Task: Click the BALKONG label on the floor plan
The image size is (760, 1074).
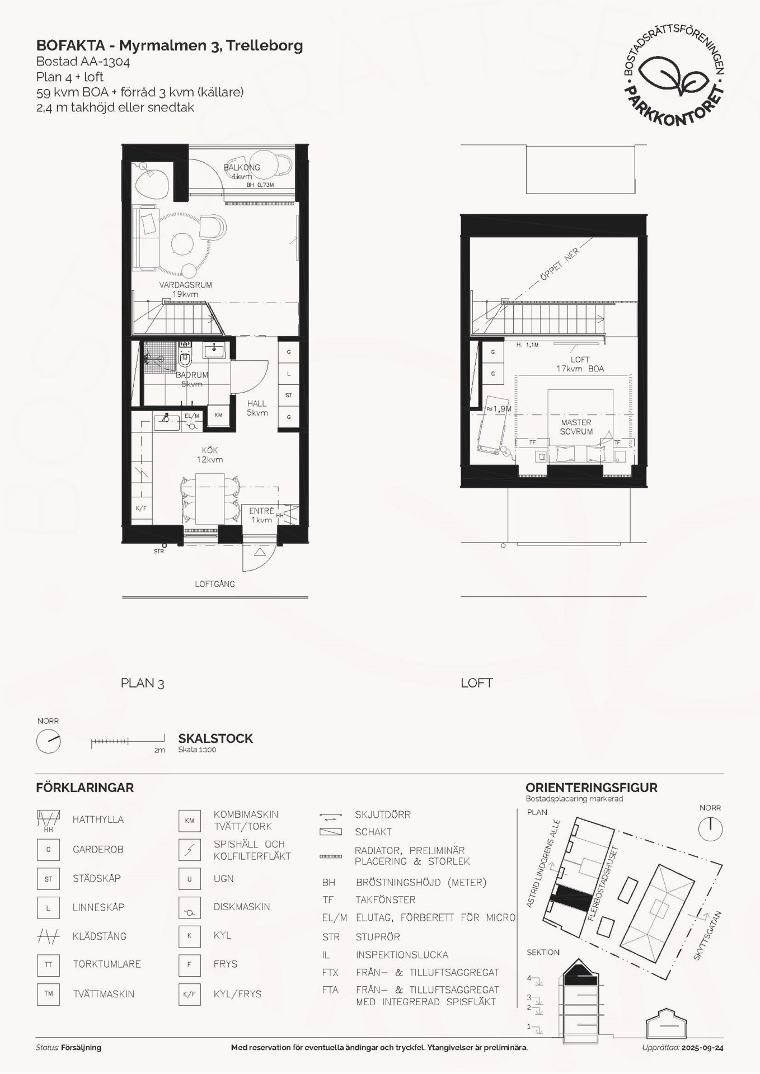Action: click(x=242, y=167)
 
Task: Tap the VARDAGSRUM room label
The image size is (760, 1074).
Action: click(x=185, y=285)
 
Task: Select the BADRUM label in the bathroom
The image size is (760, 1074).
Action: click(x=192, y=375)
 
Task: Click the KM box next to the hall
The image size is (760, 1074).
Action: click(x=218, y=415)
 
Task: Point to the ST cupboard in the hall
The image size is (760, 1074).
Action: click(x=289, y=395)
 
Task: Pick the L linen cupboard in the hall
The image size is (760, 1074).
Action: click(x=289, y=373)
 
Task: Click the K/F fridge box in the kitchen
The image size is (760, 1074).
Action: click(x=141, y=508)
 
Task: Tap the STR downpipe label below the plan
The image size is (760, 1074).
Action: click(x=159, y=552)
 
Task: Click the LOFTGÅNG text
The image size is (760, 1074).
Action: click(x=215, y=584)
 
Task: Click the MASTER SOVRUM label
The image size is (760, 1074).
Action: click(x=576, y=427)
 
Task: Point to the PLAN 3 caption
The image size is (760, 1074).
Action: click(x=142, y=683)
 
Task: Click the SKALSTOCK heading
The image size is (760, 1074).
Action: click(x=215, y=738)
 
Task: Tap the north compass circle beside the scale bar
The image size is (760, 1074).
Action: click(x=48, y=741)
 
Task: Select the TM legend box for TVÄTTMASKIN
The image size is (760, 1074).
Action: click(x=48, y=994)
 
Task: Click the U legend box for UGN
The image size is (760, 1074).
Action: click(x=189, y=879)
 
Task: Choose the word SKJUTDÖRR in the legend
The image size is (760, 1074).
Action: click(x=383, y=814)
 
